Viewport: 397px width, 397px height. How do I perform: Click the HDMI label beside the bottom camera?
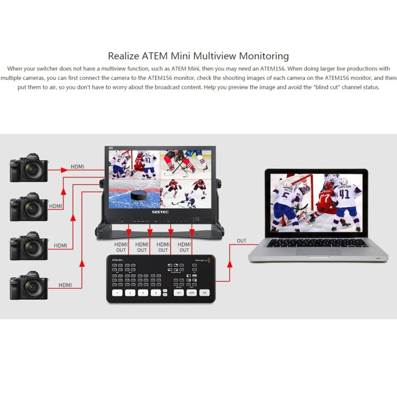pos(65,285)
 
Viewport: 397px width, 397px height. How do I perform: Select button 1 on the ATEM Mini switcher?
pos(117,292)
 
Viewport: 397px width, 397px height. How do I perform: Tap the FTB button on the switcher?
pos(205,292)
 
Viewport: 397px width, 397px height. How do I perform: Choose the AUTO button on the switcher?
pos(191,292)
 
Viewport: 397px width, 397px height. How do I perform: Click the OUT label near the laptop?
pos(241,241)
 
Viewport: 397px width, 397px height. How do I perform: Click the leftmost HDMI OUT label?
pos(121,247)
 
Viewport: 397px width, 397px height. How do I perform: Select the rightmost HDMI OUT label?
pos(184,247)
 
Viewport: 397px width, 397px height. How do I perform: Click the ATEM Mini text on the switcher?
pos(118,260)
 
